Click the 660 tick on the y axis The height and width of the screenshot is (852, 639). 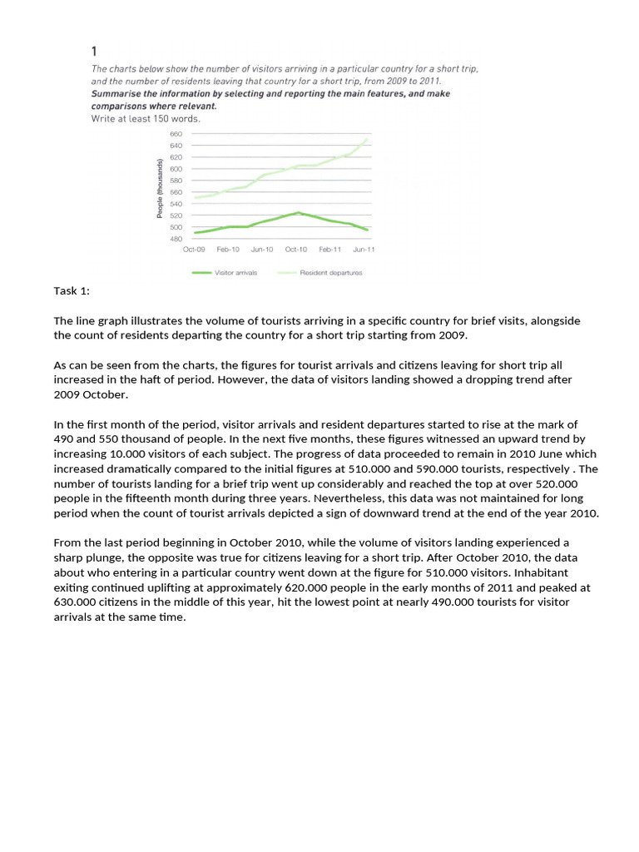click(x=176, y=134)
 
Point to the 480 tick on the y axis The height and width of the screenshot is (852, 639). click(x=176, y=239)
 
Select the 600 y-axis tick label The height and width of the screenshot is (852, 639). click(x=176, y=169)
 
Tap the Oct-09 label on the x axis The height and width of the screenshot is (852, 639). click(x=194, y=250)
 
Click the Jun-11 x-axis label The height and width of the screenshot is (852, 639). click(x=364, y=250)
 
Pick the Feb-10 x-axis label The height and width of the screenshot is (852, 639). click(x=228, y=250)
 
